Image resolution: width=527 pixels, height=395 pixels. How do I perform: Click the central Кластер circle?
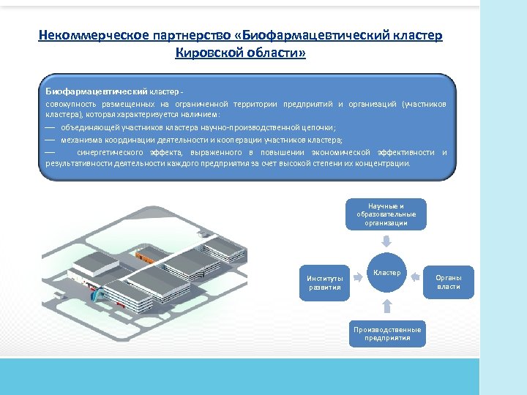pyautogui.click(x=386, y=273)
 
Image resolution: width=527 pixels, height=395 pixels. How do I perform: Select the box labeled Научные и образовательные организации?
pyautogui.click(x=386, y=214)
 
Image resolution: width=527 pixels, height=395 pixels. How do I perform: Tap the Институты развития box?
pyautogui.click(x=324, y=282)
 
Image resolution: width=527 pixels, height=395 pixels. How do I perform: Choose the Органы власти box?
pyautogui.click(x=449, y=282)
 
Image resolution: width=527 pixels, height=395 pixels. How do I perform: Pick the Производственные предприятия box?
pyautogui.click(x=386, y=334)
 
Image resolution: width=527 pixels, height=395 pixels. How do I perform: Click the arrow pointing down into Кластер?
pyautogui.click(x=386, y=241)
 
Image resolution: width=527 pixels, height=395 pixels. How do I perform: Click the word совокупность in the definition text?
pyautogui.click(x=67, y=105)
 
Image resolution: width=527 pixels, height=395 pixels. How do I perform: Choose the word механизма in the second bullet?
pyautogui.click(x=81, y=139)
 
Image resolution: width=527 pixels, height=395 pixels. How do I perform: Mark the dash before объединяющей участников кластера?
pyautogui.click(x=50, y=127)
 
